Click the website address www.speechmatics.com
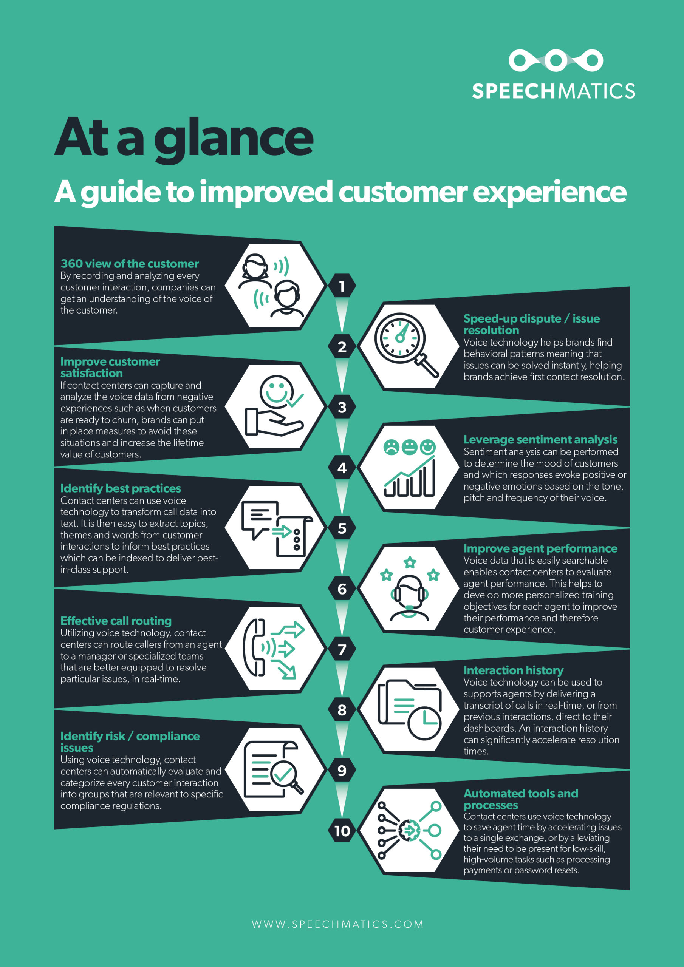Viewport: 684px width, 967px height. pyautogui.click(x=337, y=924)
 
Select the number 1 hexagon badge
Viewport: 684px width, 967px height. pyautogui.click(x=342, y=286)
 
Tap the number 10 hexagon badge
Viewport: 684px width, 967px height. pyautogui.click(x=342, y=831)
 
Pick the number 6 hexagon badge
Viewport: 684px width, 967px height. pyautogui.click(x=342, y=589)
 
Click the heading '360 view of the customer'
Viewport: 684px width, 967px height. pyautogui.click(x=130, y=264)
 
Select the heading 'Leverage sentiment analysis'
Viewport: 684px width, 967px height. pyautogui.click(x=540, y=439)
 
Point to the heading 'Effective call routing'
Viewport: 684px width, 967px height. pyautogui.click(x=116, y=621)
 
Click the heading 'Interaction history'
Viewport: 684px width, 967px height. pyautogui.click(x=513, y=670)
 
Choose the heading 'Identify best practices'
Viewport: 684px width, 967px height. pyautogui.click(x=121, y=488)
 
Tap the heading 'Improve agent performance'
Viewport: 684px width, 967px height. pyautogui.click(x=540, y=548)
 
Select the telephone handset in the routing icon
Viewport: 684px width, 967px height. pyautogui.click(x=254, y=648)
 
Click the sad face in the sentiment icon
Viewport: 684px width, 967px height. pyautogui.click(x=391, y=447)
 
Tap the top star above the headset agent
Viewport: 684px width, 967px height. pyautogui.click(x=410, y=562)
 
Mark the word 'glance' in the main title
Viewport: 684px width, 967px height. pyautogui.click(x=234, y=140)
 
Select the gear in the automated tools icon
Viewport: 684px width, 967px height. pyautogui.click(x=409, y=831)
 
